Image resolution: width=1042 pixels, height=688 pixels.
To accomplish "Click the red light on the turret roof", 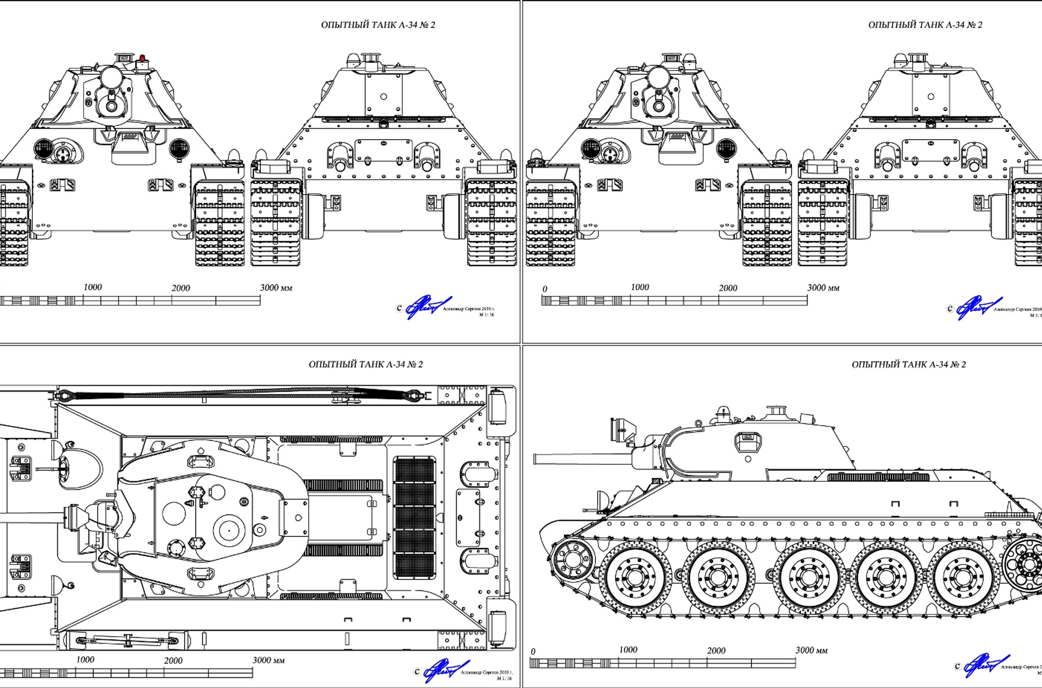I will tap(142, 58).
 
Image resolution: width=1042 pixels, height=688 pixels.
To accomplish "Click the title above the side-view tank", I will tap(908, 364).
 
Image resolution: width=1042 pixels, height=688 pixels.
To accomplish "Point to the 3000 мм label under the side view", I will tap(811, 650).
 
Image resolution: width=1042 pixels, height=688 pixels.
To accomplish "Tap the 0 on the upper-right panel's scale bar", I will tap(545, 289).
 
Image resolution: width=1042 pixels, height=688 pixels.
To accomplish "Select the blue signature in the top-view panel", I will tap(446, 670).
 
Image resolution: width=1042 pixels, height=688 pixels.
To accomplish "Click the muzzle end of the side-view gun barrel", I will tap(536, 459).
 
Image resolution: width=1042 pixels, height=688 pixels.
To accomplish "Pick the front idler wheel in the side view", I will tap(571, 558).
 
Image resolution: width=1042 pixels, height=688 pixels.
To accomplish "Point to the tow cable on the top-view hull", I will tap(238, 393).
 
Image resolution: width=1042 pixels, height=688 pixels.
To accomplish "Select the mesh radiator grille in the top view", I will tap(415, 518).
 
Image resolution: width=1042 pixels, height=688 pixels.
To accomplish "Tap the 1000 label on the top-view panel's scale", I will tap(85, 659).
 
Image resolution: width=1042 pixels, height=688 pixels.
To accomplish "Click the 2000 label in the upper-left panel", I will tap(181, 288).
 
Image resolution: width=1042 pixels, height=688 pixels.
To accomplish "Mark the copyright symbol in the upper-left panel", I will tap(399, 308).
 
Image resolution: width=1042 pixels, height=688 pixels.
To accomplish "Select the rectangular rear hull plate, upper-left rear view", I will tap(383, 151).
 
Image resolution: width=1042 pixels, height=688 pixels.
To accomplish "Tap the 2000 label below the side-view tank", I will tap(716, 651).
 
